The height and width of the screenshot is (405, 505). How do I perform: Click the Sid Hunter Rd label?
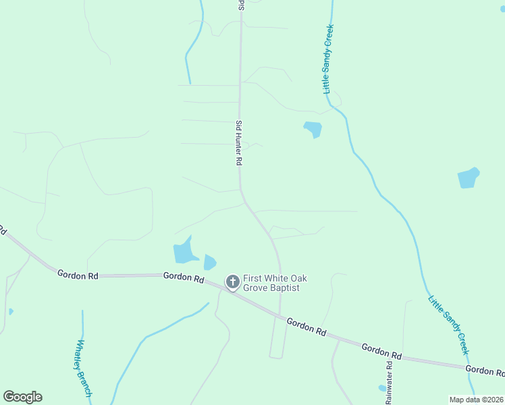(x=238, y=143)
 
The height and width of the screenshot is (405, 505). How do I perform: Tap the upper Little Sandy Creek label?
(x=329, y=59)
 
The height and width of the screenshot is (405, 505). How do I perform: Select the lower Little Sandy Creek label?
(x=448, y=325)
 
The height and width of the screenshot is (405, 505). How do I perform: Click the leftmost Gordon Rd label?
(x=78, y=275)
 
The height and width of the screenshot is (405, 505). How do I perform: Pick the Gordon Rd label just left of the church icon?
(x=184, y=277)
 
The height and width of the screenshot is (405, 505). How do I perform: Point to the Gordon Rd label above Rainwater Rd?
(x=381, y=351)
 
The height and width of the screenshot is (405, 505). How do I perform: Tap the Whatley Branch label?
(x=83, y=367)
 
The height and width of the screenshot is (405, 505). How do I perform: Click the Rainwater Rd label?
(x=389, y=383)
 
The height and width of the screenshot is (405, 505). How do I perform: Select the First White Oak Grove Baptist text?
(x=271, y=283)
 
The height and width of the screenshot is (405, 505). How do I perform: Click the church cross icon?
(x=232, y=282)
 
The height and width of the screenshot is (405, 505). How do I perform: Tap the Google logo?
(x=22, y=396)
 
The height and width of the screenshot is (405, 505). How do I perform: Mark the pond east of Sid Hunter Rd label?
(x=313, y=128)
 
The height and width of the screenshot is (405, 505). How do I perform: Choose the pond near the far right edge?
(x=468, y=178)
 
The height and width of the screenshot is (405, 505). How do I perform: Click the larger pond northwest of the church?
(x=184, y=252)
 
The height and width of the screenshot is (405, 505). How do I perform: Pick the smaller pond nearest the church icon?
(x=210, y=262)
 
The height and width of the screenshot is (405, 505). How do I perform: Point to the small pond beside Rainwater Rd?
(x=382, y=388)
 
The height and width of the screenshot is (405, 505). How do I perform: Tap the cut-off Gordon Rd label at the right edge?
(x=486, y=371)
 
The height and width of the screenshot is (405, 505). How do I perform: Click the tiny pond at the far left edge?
(x=11, y=311)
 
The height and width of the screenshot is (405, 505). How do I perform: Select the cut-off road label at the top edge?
(x=240, y=5)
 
